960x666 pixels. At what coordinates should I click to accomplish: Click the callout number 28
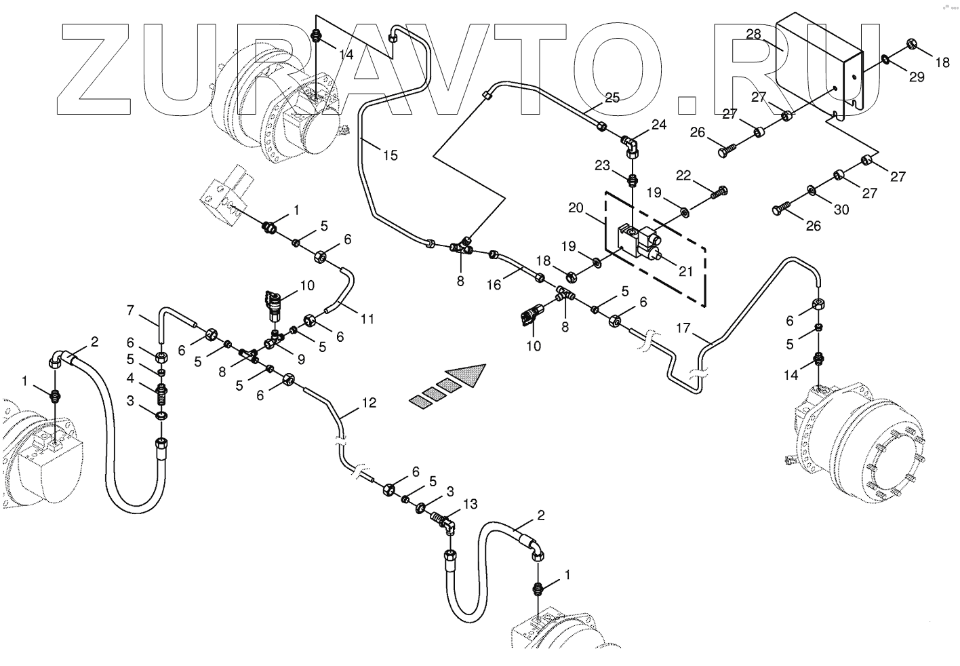pyautogui.click(x=754, y=35)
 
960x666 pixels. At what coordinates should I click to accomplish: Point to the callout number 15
pyautogui.click(x=390, y=155)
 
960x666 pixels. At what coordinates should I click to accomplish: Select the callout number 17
pyautogui.click(x=683, y=328)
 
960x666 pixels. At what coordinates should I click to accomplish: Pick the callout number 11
pyautogui.click(x=367, y=318)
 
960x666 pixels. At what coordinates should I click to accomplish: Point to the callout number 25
pyautogui.click(x=612, y=98)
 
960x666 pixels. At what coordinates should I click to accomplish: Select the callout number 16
pyautogui.click(x=494, y=285)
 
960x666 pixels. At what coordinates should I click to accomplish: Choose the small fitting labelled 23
pyautogui.click(x=632, y=180)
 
